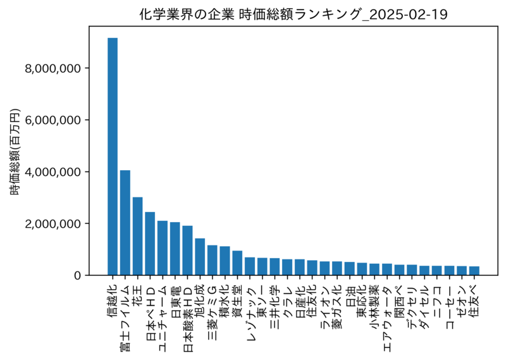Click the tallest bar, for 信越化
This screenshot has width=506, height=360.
coord(113,157)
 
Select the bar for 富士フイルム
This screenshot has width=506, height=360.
coord(125,223)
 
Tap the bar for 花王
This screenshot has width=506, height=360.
coord(138,237)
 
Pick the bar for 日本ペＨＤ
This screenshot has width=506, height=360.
coord(150,244)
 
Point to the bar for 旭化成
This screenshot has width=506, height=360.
coord(200,257)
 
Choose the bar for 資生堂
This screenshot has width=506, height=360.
coord(238,263)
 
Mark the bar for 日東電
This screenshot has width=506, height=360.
coord(175,249)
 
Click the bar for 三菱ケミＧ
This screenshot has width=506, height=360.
coord(213,260)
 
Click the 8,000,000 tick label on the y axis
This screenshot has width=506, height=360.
coord(53,68)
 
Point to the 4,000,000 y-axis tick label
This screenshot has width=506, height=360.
coord(53,172)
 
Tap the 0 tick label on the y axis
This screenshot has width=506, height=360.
coord(77,276)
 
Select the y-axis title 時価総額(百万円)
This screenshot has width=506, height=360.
coord(15,152)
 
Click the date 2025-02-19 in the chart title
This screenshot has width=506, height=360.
coord(407,15)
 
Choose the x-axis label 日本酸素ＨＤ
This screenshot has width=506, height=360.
coord(188,318)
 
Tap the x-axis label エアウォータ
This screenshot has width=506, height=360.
coord(388,318)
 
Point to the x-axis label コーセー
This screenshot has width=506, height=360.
coord(450,307)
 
